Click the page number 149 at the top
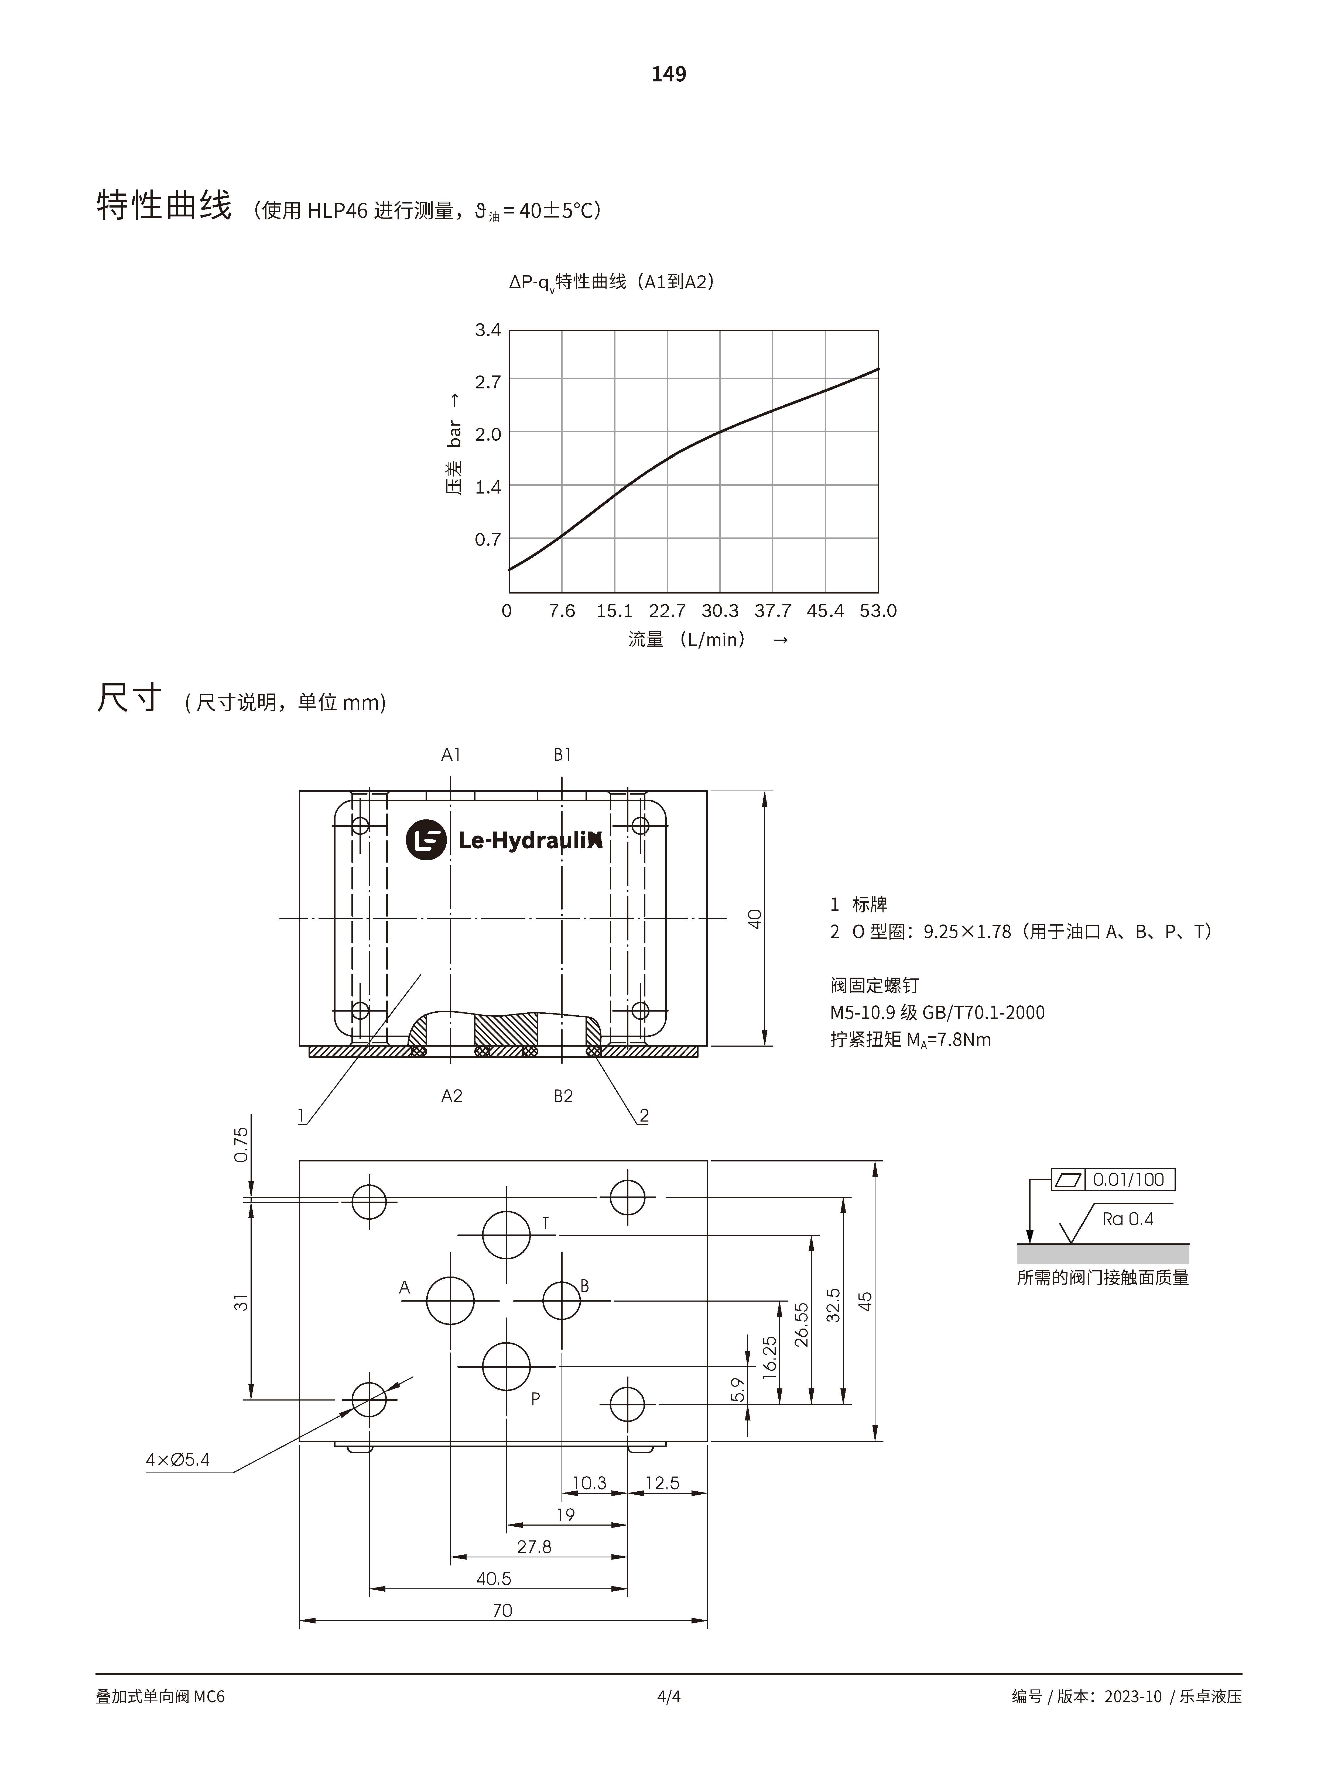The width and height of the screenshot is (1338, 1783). pyautogui.click(x=669, y=74)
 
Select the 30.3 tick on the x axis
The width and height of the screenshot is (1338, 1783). pyautogui.click(x=719, y=611)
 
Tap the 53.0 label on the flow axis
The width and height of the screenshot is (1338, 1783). pyautogui.click(x=878, y=611)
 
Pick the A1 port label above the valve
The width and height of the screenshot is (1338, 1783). pyautogui.click(x=451, y=754)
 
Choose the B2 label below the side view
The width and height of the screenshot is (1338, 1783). pyautogui.click(x=563, y=1096)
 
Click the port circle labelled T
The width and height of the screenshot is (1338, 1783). pyautogui.click(x=507, y=1234)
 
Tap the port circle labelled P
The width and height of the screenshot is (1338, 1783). pyautogui.click(x=507, y=1366)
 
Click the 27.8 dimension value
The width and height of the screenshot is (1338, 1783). pyautogui.click(x=534, y=1547)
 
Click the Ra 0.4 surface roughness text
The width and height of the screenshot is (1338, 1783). pyautogui.click(x=1128, y=1219)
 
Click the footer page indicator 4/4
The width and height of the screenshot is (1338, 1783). pyautogui.click(x=669, y=1697)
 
